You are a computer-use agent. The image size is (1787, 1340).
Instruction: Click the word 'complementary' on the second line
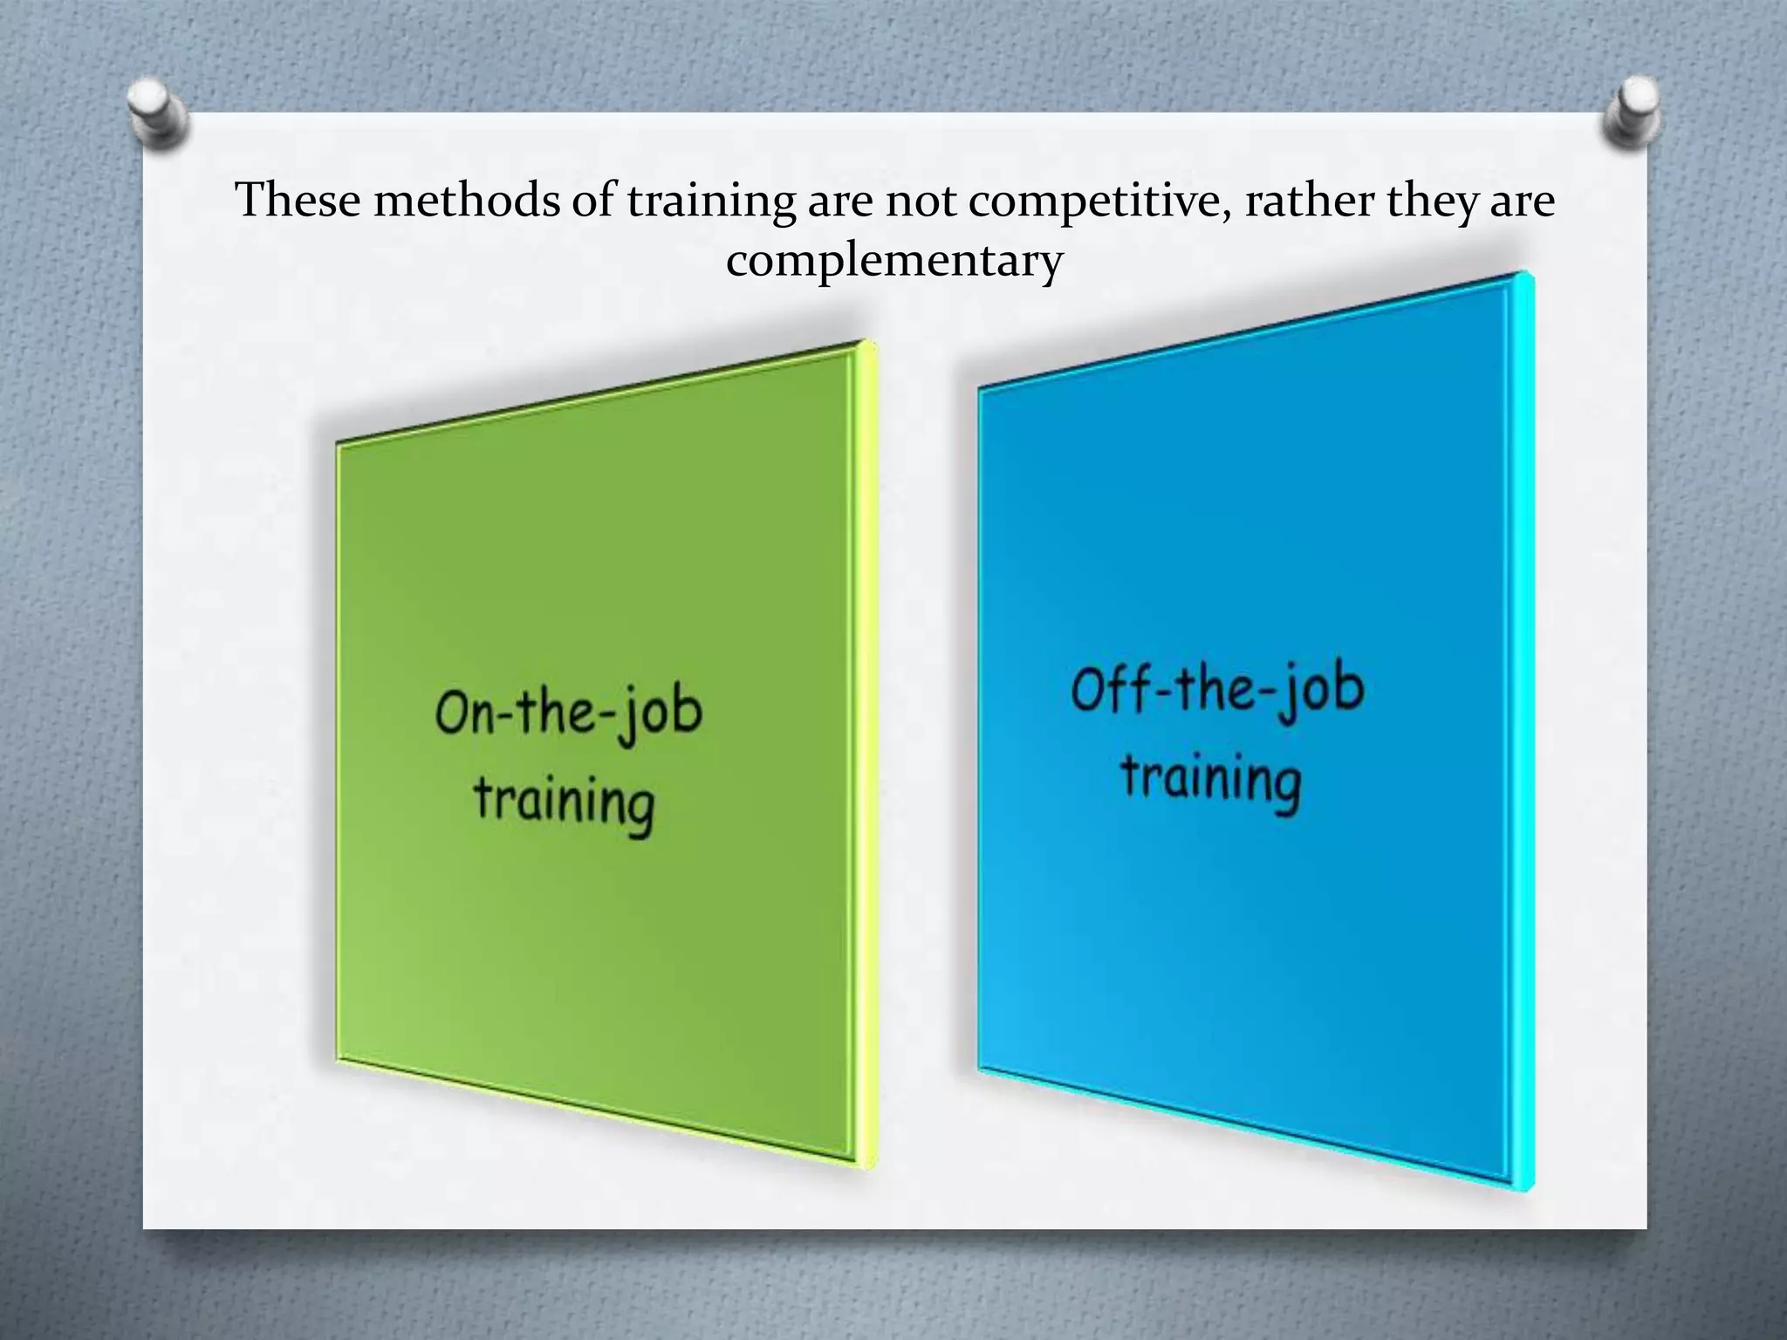(894, 261)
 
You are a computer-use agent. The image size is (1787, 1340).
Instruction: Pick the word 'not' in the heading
(924, 201)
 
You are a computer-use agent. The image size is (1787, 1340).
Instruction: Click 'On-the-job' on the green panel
(569, 713)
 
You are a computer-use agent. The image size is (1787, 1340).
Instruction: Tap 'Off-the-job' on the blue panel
(1217, 689)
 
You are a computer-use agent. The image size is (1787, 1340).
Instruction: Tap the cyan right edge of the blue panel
(1525, 733)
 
